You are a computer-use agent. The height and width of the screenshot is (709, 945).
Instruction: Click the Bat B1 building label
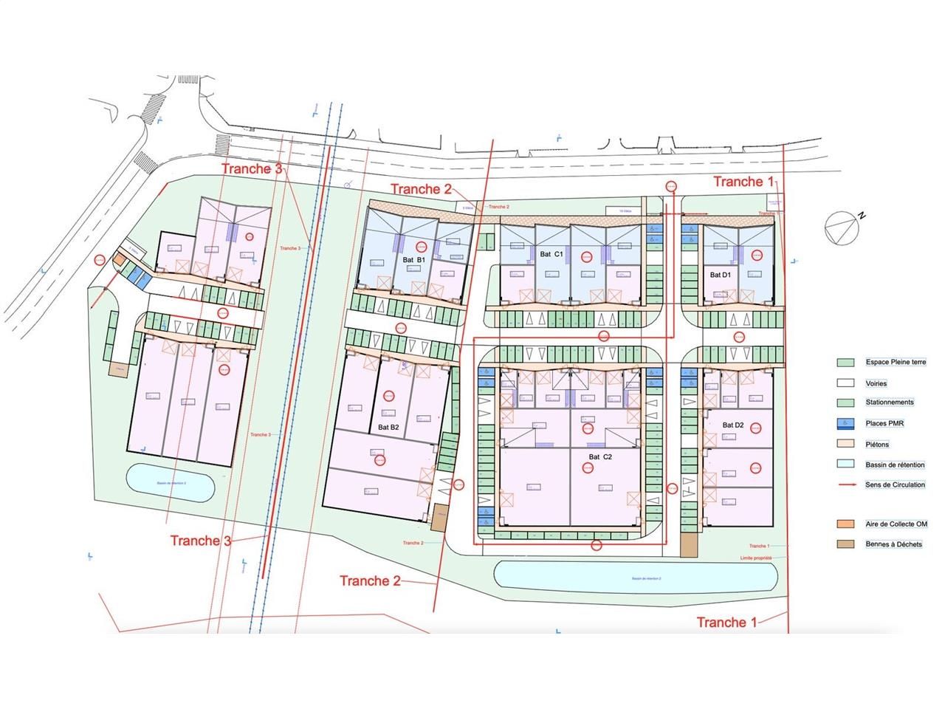(413, 260)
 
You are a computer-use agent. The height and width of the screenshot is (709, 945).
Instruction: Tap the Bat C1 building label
(551, 254)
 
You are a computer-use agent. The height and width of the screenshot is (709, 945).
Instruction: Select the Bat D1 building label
(720, 275)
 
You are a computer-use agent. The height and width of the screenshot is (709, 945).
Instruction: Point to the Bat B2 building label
(388, 427)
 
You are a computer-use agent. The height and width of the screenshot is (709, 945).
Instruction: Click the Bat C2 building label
(600, 457)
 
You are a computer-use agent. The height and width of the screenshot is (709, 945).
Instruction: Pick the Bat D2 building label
(732, 425)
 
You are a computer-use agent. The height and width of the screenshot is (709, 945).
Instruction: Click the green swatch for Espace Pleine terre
(845, 363)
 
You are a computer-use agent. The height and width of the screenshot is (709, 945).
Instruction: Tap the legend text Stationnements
(890, 403)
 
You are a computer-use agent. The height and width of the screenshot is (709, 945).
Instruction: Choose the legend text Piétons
(877, 445)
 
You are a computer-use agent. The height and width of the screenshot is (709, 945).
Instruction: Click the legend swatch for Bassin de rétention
(845, 465)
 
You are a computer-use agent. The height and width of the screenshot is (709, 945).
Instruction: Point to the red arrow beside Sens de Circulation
(845, 485)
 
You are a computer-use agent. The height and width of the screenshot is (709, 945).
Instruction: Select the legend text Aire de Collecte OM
(896, 524)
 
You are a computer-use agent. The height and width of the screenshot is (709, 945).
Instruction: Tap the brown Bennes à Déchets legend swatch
(845, 544)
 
